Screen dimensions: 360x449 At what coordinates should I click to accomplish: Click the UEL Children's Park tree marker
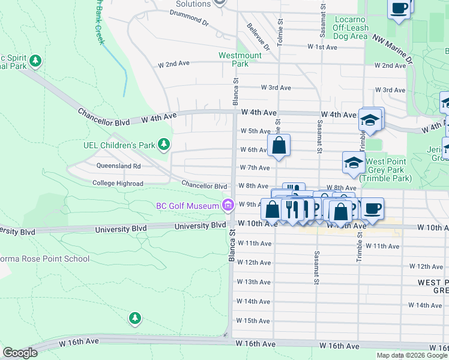click(163, 145)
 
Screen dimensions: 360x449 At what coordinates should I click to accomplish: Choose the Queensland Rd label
click(118, 166)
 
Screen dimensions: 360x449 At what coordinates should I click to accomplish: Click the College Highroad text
click(118, 184)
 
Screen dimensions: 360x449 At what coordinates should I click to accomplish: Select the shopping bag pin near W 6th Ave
click(279, 145)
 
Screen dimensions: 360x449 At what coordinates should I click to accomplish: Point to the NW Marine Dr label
click(393, 50)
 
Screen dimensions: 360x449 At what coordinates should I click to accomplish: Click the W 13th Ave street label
click(254, 282)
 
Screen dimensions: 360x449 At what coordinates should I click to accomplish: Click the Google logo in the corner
click(20, 353)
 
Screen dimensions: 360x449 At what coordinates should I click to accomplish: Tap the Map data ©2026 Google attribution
click(411, 355)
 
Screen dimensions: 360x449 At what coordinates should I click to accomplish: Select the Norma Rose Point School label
click(45, 259)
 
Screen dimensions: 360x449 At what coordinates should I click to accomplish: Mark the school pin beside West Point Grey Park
click(354, 162)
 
